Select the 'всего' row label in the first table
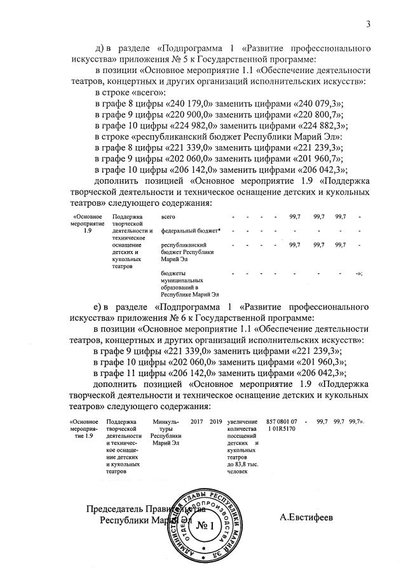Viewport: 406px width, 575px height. tap(170, 217)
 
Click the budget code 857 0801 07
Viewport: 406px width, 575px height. tap(281, 422)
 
